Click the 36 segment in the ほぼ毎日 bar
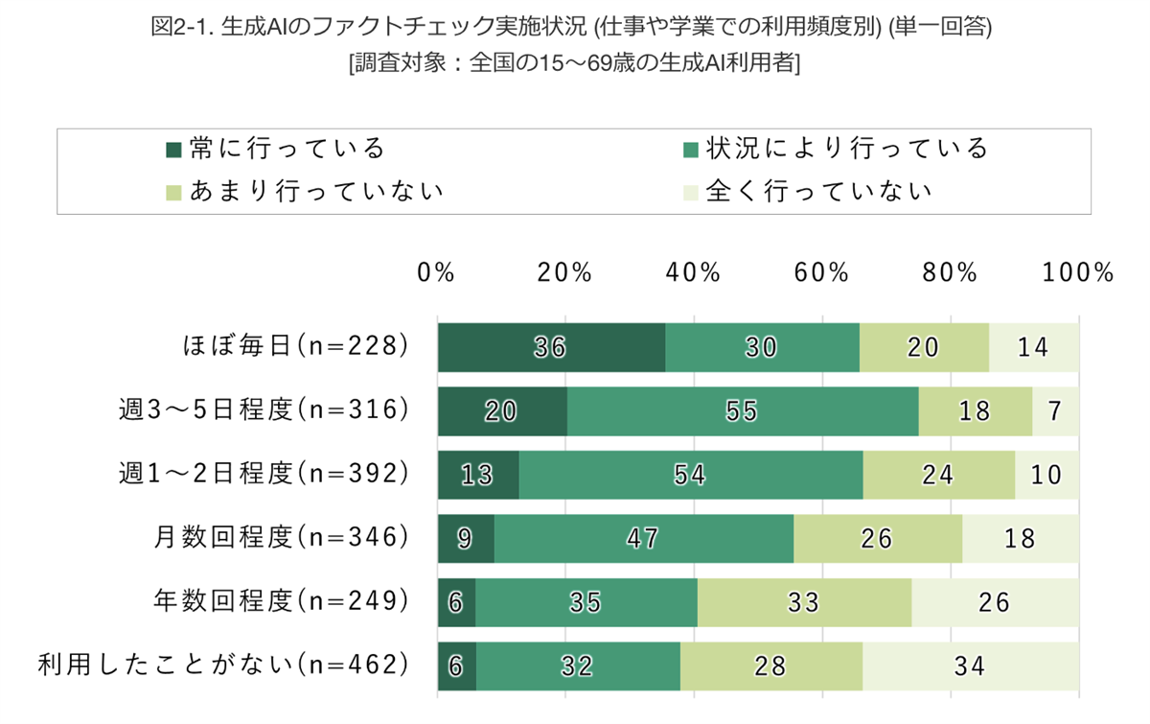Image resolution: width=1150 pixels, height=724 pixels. point(551,347)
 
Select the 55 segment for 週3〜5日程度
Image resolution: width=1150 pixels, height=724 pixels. point(743,410)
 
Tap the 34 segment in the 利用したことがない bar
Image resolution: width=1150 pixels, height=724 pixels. point(970,666)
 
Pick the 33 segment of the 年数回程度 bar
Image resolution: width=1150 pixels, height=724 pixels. point(804,602)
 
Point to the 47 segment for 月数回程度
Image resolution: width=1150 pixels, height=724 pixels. point(643,538)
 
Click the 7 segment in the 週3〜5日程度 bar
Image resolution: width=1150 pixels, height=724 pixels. point(1055,410)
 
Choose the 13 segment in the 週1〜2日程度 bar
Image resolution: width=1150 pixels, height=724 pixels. point(478,475)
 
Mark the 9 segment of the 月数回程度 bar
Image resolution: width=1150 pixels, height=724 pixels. point(466,538)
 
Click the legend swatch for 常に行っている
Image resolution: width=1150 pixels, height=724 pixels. point(173,149)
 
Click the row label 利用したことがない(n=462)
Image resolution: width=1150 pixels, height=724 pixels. point(223,666)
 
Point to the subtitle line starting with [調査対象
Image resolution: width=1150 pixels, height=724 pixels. point(575,64)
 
